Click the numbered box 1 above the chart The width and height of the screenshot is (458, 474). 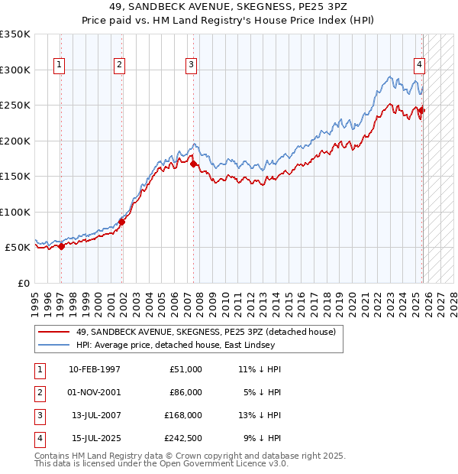click(60, 66)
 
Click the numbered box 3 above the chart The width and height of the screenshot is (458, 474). click(191, 66)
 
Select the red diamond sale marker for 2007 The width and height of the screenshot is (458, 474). click(194, 164)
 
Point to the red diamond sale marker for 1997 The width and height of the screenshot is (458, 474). click(62, 246)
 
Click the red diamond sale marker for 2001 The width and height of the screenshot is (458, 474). click(122, 222)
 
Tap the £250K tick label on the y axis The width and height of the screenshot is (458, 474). click(15, 106)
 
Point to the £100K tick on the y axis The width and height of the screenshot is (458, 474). click(15, 213)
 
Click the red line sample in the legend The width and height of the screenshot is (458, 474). click(53, 332)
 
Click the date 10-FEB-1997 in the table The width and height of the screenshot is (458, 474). click(95, 369)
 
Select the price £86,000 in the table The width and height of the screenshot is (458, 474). click(185, 392)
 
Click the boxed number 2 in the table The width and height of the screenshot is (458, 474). click(39, 392)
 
